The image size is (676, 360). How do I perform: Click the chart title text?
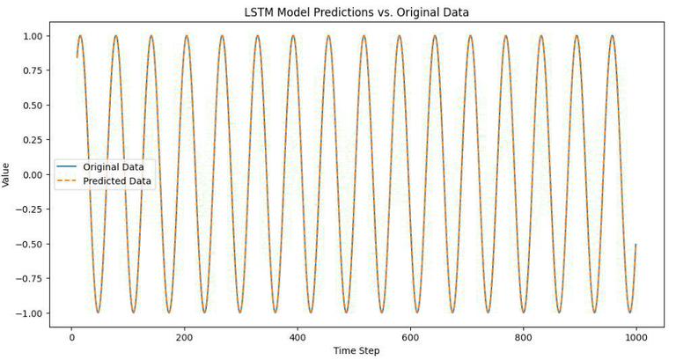[x=356, y=12]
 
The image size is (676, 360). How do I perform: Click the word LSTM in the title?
[x=258, y=12]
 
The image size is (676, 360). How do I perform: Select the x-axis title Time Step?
[x=356, y=350]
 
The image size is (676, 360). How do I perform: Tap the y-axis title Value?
[x=7, y=174]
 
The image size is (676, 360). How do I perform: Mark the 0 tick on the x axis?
[x=71, y=335]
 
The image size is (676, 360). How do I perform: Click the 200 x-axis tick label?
[x=184, y=335]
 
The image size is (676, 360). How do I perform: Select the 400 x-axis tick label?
[x=297, y=335]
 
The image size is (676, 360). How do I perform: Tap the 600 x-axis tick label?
[x=409, y=335]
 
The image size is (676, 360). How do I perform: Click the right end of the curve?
[x=636, y=245]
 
